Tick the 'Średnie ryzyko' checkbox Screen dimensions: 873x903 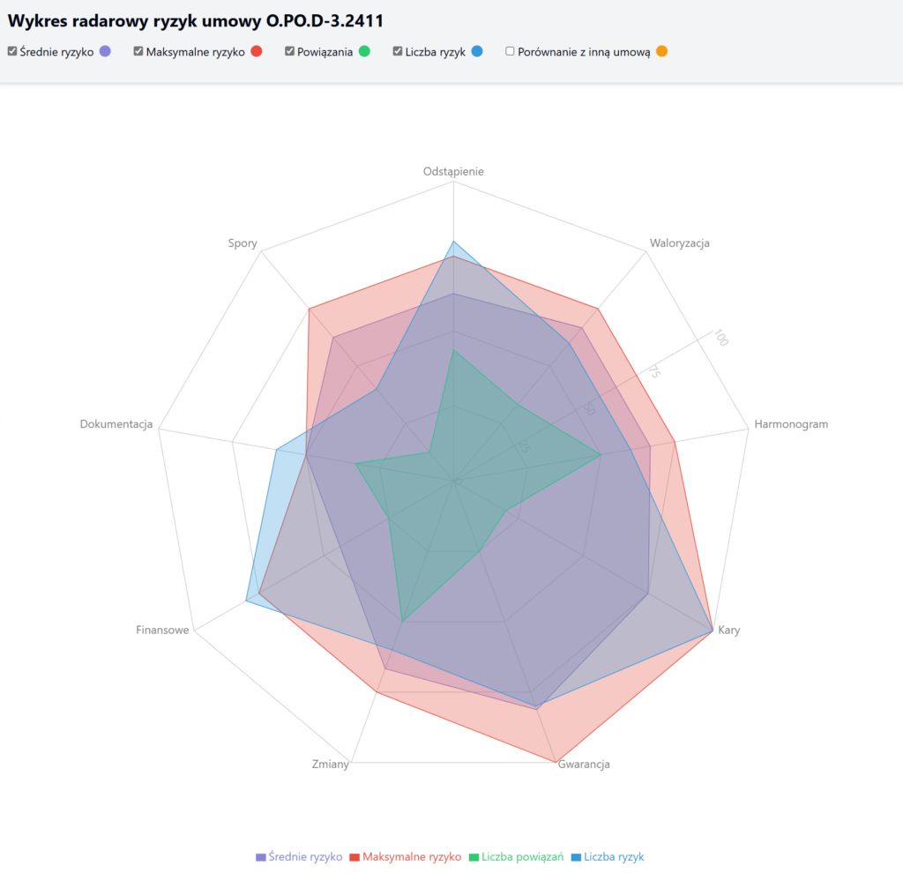pos(11,51)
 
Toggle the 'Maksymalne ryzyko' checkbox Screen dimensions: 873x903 pos(138,51)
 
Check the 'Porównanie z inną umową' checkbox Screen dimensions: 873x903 pos(510,51)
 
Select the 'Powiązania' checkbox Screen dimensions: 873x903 pos(289,51)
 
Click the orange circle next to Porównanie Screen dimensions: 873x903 pos(661,51)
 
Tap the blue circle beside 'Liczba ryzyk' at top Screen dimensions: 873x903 pos(477,51)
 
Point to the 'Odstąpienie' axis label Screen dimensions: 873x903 pos(453,171)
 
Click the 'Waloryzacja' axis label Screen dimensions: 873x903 pos(679,243)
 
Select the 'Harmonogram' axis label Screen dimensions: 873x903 pos(791,424)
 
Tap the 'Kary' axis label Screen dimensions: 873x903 pos(728,630)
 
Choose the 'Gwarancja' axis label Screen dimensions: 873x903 pos(584,765)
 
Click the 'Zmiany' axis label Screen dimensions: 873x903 pos(331,765)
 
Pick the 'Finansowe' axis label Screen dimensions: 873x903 pos(162,630)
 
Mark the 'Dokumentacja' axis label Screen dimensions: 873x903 pos(116,424)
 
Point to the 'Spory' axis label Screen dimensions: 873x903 pos(243,243)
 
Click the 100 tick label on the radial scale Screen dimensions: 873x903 pos(721,338)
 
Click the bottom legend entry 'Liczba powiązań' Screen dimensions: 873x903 pos(516,856)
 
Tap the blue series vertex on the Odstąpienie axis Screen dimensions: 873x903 pos(453,242)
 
